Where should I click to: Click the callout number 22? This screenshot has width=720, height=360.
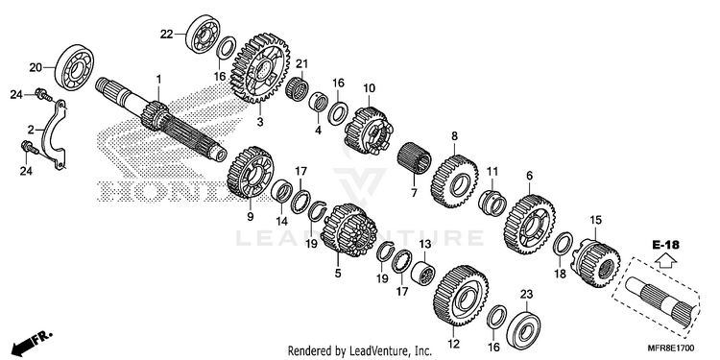pyautogui.click(x=166, y=35)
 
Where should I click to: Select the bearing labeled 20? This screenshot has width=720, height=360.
pyautogui.click(x=74, y=67)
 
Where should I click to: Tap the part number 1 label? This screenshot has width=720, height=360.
pyautogui.click(x=158, y=80)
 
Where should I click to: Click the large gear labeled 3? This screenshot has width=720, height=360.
pyautogui.click(x=260, y=68)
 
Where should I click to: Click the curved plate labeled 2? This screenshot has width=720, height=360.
pyautogui.click(x=53, y=135)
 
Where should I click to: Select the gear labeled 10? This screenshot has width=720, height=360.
pyautogui.click(x=369, y=131)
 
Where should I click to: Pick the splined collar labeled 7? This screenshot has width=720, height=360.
pyautogui.click(x=414, y=158)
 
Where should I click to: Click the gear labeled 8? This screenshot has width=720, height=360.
pyautogui.click(x=454, y=181)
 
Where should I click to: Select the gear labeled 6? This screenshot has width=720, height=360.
pyautogui.click(x=529, y=225)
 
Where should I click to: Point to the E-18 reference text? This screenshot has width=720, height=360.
pyautogui.click(x=665, y=245)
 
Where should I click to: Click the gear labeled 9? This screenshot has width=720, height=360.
pyautogui.click(x=251, y=173)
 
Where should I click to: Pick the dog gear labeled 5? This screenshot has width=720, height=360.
pyautogui.click(x=349, y=229)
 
